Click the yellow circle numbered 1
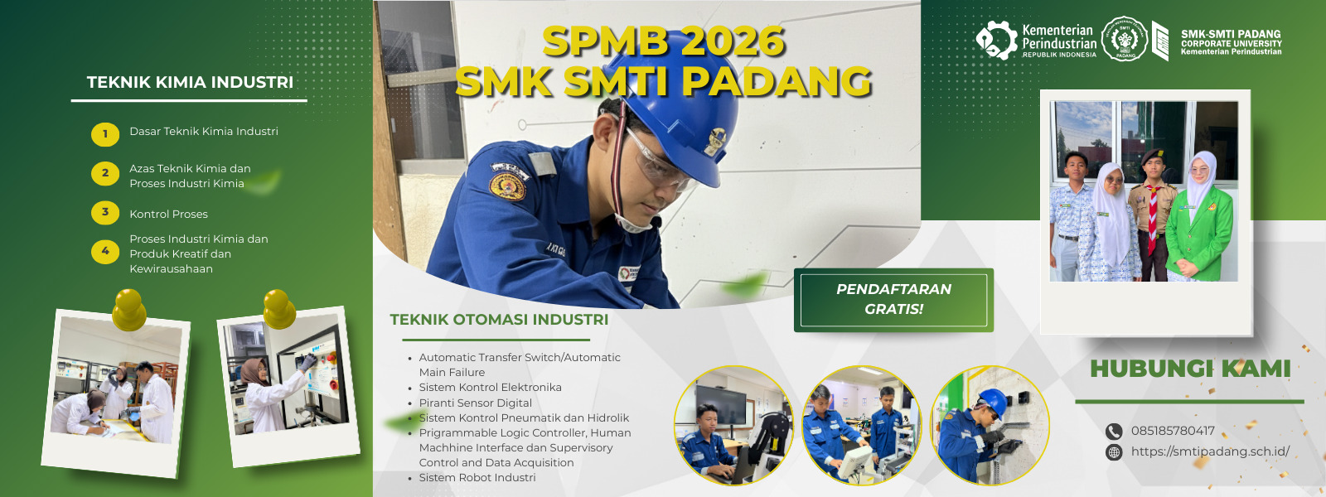coord(105,133)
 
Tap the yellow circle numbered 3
coord(105,213)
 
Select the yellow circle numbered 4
coord(105,252)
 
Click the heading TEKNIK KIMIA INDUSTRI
coord(190,82)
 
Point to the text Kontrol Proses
coord(169,215)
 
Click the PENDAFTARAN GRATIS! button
coord(893,299)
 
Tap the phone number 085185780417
coord(1173,431)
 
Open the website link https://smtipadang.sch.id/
coord(1210,451)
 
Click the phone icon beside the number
coord(1114,432)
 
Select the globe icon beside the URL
coord(1114,452)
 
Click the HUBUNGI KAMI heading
coord(1190,369)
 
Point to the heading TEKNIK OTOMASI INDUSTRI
coord(499,320)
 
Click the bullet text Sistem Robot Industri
coord(477,477)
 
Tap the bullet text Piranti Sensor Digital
coord(476,403)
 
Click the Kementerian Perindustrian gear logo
coord(996,41)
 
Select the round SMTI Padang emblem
coord(1124,39)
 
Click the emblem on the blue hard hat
coord(715,141)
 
